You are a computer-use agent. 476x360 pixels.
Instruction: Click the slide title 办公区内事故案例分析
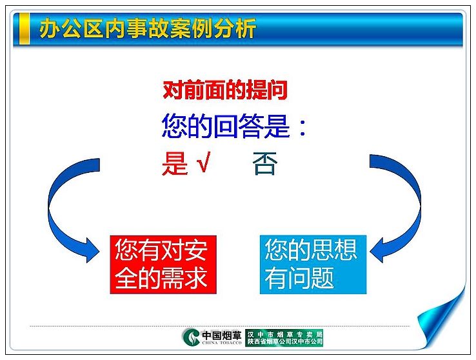(148, 28)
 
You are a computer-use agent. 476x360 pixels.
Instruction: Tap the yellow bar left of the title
(24, 28)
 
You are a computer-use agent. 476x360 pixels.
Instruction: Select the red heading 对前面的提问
(225, 90)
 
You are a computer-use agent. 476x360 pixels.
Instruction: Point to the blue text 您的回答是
(226, 126)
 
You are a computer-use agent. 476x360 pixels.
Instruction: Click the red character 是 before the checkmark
(175, 163)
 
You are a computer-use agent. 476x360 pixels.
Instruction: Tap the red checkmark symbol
(203, 162)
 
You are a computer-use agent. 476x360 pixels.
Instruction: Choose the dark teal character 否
(265, 163)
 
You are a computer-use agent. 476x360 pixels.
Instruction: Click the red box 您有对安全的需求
(163, 265)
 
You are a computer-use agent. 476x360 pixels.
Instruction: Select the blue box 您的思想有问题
(313, 265)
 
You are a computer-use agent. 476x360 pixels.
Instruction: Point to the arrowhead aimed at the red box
(92, 250)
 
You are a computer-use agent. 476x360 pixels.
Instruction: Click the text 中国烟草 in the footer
(222, 335)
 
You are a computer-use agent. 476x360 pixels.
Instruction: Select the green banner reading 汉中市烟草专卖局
(284, 337)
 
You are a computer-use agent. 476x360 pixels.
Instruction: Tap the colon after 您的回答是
(302, 128)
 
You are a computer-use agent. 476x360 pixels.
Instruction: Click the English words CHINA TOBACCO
(222, 343)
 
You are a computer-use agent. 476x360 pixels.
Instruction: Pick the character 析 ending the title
(246, 28)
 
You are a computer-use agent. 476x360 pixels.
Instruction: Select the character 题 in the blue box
(322, 277)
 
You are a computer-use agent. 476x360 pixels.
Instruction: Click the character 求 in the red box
(196, 277)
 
